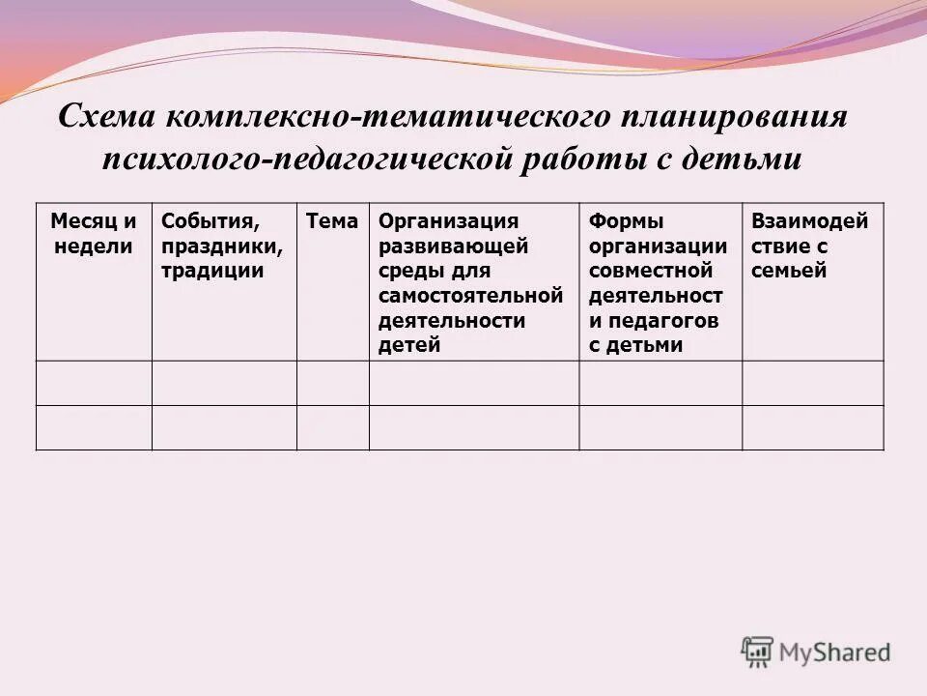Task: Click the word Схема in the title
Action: [105, 118]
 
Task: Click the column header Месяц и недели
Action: [94, 233]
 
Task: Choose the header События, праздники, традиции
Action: [223, 246]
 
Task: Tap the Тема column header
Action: [332, 221]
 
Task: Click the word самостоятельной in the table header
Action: [471, 296]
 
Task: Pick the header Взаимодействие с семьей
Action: [810, 246]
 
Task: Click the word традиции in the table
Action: [213, 271]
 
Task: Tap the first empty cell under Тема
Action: [332, 383]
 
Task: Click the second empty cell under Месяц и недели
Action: [94, 427]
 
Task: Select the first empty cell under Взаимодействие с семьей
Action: [812, 383]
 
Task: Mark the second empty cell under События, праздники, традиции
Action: [224, 427]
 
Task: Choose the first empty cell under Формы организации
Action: [660, 383]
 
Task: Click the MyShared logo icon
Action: [757, 652]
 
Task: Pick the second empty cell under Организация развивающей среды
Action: [474, 427]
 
